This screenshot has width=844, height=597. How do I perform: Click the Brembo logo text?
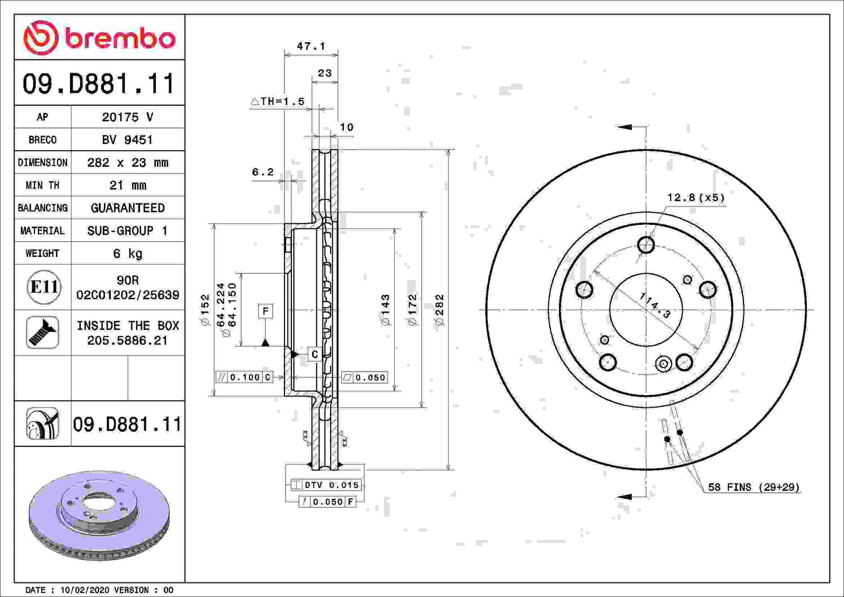coord(120,39)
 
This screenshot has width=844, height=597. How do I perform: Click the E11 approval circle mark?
coord(44,287)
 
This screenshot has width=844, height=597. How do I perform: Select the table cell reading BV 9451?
coord(127,140)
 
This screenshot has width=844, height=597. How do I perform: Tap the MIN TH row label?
coord(43,185)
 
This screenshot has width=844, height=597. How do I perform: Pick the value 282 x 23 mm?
coord(127,162)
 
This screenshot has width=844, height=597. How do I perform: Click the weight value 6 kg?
coord(127,254)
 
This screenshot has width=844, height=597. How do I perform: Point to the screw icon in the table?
coord(43,332)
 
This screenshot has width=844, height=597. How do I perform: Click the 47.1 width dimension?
coord(311,46)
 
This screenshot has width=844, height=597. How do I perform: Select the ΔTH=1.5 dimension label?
coord(278,102)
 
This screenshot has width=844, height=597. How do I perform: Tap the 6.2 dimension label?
coord(263,172)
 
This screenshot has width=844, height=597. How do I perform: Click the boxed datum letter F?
coord(265,311)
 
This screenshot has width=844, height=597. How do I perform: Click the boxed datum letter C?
coord(314,355)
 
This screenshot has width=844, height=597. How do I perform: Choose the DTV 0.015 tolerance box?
coord(326,485)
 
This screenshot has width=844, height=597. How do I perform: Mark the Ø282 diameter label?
coord(440,310)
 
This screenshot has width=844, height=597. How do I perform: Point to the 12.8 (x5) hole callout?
coord(696,197)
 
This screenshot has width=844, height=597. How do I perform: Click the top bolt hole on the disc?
coord(646,245)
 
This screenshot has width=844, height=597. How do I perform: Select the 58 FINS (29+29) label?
coord(753,487)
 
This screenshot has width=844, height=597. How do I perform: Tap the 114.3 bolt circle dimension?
coord(655,305)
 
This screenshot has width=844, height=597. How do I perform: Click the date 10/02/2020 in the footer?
coord(81,590)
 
